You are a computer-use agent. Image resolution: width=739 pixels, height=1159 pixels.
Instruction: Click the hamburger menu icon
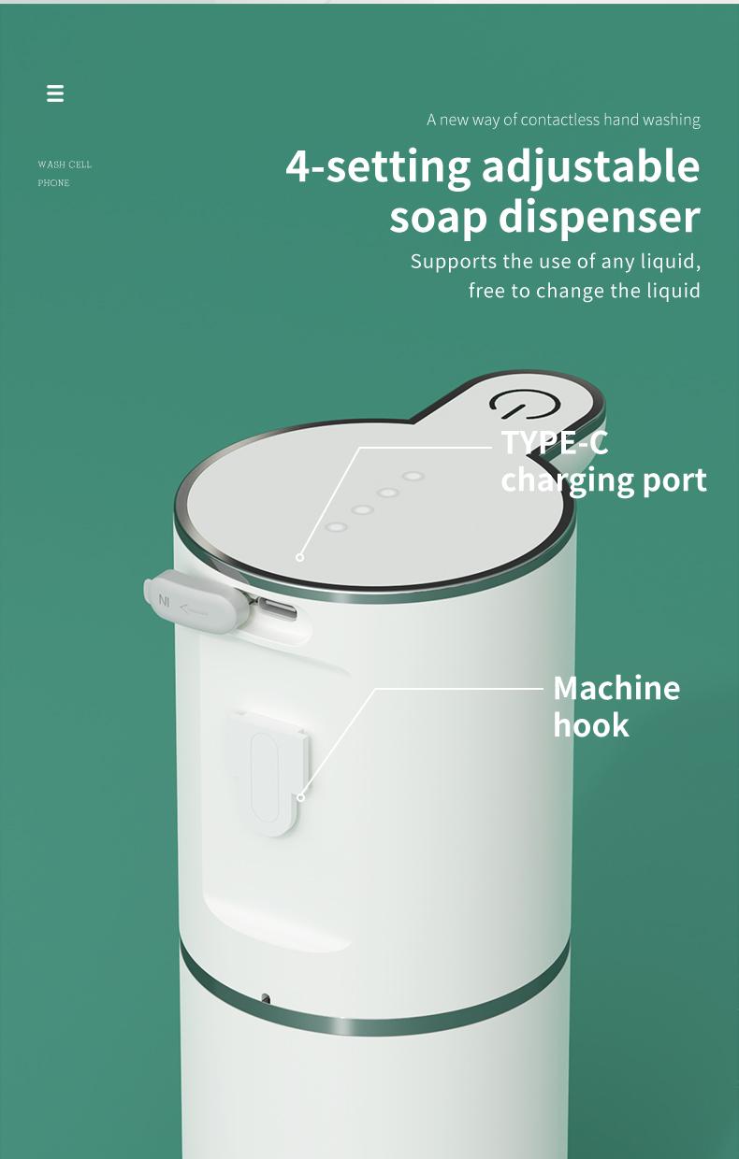click(x=55, y=93)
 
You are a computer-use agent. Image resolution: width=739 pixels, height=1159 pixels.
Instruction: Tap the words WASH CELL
click(x=65, y=165)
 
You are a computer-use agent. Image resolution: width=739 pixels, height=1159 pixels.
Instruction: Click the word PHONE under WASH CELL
click(x=53, y=183)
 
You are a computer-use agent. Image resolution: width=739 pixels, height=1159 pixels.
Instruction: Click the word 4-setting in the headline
click(x=378, y=167)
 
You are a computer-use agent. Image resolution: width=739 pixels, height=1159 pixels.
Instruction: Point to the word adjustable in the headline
click(x=590, y=167)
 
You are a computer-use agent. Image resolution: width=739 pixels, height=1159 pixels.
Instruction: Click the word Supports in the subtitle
click(x=453, y=261)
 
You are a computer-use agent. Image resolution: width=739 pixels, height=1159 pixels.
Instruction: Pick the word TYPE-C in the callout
click(x=555, y=442)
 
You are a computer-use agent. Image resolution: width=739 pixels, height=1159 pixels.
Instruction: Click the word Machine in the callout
click(x=616, y=688)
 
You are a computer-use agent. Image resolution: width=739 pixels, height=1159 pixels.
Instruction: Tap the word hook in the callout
click(x=591, y=725)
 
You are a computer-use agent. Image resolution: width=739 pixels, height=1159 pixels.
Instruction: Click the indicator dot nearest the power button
click(x=413, y=476)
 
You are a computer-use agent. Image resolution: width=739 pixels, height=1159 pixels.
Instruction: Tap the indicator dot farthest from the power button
click(x=336, y=527)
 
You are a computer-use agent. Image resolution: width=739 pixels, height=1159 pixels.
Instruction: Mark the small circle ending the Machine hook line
click(x=300, y=797)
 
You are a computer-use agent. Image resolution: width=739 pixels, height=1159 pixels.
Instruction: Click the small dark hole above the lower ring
click(x=266, y=999)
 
